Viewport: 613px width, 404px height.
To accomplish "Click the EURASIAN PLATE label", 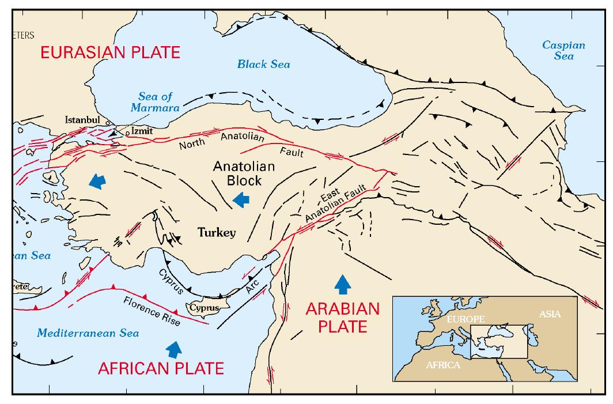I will tap(110, 53).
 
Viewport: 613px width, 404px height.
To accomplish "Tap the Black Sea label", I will tap(263, 64).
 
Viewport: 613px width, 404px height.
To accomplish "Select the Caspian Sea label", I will tap(564, 50).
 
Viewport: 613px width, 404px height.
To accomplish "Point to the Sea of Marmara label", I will tap(156, 101).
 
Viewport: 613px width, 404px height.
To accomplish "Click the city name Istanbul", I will tap(82, 120).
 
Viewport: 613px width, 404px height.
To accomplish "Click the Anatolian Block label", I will tap(237, 173).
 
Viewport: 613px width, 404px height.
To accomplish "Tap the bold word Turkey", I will tap(217, 233).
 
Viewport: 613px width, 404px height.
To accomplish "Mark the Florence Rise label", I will tap(152, 311).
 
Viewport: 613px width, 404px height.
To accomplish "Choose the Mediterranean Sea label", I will tap(88, 333).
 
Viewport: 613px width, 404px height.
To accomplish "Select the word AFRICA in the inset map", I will tap(442, 365).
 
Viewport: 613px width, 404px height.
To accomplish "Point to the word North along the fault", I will tap(192, 144).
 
